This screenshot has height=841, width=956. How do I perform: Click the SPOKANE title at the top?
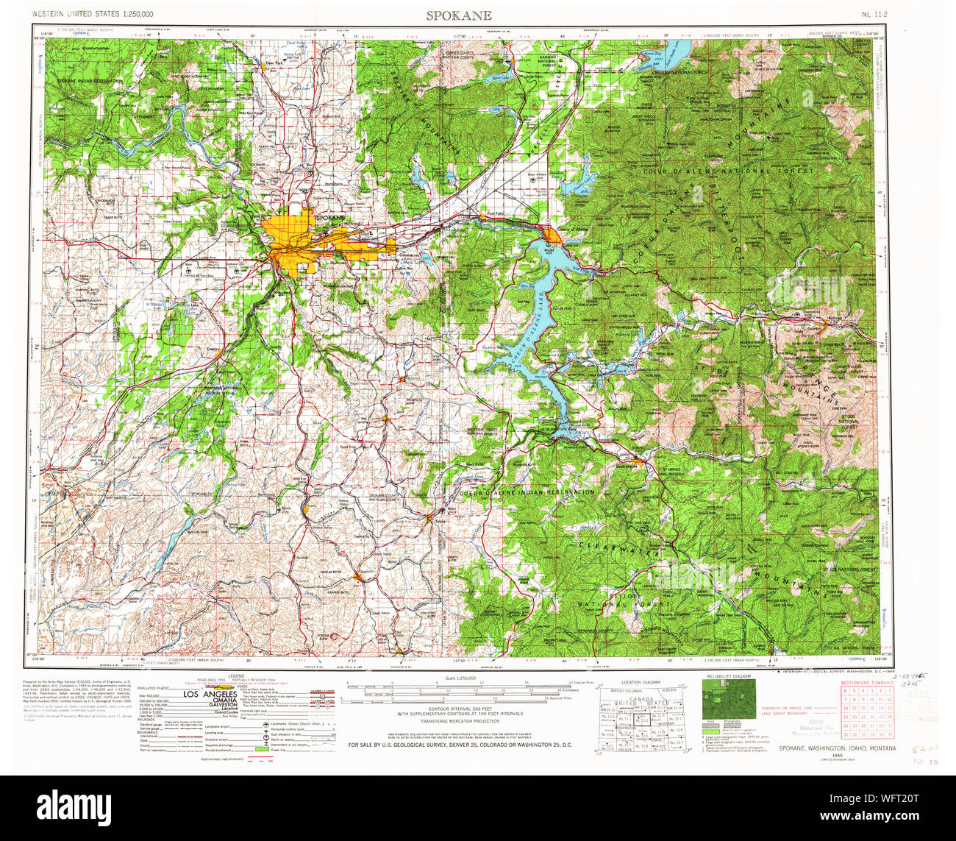coord(458,15)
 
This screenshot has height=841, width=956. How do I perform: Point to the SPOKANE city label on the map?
coord(329,219)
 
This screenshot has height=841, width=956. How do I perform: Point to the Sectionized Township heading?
coord(868,683)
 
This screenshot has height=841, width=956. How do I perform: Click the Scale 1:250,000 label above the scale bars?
coord(457,677)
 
